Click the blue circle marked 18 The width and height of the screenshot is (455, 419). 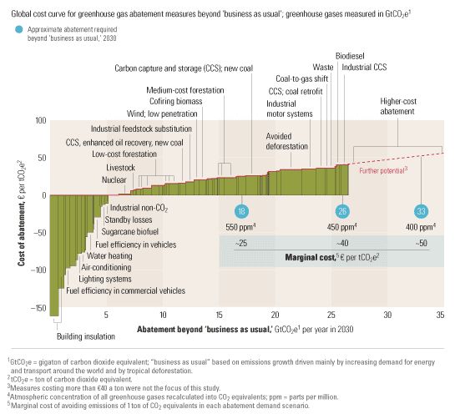click(x=241, y=211)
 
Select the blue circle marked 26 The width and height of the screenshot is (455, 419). click(x=342, y=211)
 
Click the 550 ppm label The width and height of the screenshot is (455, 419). click(x=241, y=226)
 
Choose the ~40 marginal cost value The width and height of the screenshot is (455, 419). click(x=341, y=242)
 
